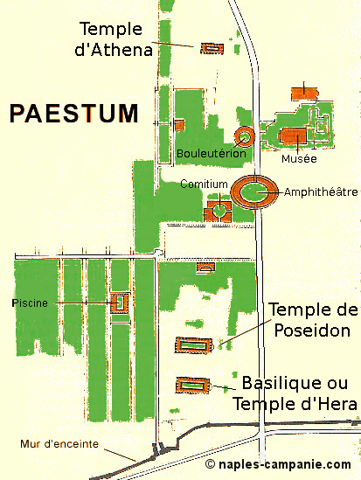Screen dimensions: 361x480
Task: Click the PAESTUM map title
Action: click(x=73, y=114)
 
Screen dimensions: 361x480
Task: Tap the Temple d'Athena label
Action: click(x=114, y=39)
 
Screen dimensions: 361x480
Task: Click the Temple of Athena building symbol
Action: click(x=212, y=49)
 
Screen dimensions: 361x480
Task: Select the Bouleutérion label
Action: click(x=212, y=153)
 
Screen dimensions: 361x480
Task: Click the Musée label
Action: click(x=299, y=158)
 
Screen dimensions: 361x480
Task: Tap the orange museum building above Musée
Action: click(x=293, y=136)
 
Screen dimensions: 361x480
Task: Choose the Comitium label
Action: click(x=204, y=184)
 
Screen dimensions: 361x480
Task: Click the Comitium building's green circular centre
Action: click(x=219, y=210)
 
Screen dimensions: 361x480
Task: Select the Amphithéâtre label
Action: click(x=321, y=192)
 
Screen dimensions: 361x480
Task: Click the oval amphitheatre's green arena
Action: click(x=253, y=192)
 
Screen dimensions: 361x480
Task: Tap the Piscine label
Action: click(x=30, y=303)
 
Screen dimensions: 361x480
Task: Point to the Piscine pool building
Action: click(x=120, y=303)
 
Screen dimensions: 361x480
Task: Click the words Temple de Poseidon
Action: click(x=313, y=320)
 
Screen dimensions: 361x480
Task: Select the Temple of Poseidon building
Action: click(x=193, y=345)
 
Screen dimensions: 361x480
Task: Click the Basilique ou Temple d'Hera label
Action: click(x=295, y=393)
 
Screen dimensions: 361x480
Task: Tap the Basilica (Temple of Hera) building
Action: click(x=192, y=385)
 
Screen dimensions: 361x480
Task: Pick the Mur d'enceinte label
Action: click(x=59, y=444)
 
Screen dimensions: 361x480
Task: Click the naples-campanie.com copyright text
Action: click(x=278, y=464)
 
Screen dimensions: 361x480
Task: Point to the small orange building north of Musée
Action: click(x=304, y=94)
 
